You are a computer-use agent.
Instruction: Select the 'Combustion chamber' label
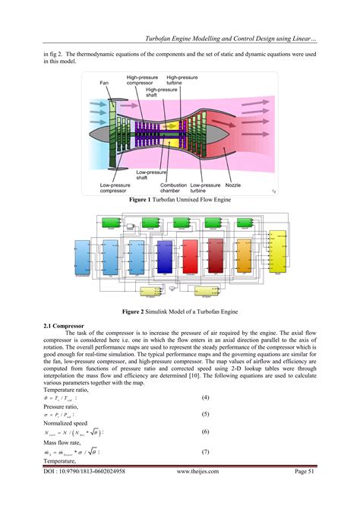coord(174,188)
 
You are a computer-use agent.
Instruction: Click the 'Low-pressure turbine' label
coord(205,188)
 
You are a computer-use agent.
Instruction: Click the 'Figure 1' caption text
coord(179,199)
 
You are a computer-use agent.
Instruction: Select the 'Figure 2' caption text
coord(179,311)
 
